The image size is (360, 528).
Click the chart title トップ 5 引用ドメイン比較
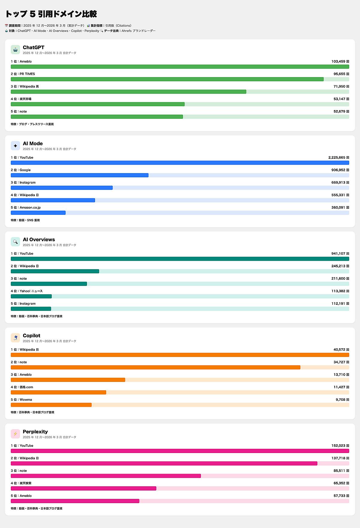click(51, 14)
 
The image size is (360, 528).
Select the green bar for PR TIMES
click(167, 79)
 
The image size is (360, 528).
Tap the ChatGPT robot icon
click(15, 49)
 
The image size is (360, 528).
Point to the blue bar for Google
click(79, 175)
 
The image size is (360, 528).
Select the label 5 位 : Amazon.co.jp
click(26, 208)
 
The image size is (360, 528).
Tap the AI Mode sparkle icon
click(15, 145)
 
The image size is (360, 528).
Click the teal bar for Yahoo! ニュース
click(31, 296)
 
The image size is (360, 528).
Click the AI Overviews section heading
click(39, 239)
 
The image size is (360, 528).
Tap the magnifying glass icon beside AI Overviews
click(15, 241)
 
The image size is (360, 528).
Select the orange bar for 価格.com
click(58, 392)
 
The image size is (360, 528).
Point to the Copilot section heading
click(31, 336)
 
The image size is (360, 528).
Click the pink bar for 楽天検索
click(83, 488)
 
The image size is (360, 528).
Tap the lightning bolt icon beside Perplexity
click(15, 434)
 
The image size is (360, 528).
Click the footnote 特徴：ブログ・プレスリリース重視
click(32, 124)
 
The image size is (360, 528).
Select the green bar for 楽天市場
click(98, 104)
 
